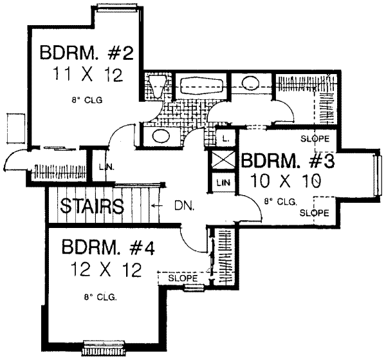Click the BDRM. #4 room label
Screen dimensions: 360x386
pyautogui.click(x=108, y=247)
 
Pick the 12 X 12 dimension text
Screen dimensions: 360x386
pyautogui.click(x=107, y=270)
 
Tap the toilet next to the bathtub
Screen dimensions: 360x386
pyautogui.click(x=156, y=85)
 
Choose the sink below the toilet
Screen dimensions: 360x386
pyautogui.click(x=159, y=137)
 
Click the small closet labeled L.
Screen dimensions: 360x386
pyautogui.click(x=226, y=137)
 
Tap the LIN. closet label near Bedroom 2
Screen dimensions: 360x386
pyautogui.click(x=106, y=167)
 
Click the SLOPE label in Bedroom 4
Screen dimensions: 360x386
pyautogui.click(x=182, y=278)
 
